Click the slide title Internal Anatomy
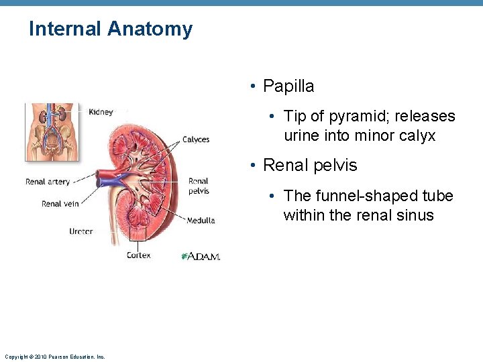pyautogui.click(x=111, y=29)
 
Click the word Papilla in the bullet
pyautogui.click(x=288, y=86)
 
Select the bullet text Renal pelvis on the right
pyautogui.click(x=310, y=165)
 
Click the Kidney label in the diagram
pyautogui.click(x=101, y=112)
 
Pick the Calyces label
pyautogui.click(x=196, y=140)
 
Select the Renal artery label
pyautogui.click(x=48, y=182)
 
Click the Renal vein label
pyautogui.click(x=60, y=204)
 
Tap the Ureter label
pyautogui.click(x=80, y=231)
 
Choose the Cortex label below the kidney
pyautogui.click(x=139, y=255)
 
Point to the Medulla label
pyautogui.click(x=201, y=221)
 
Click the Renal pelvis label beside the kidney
pyautogui.click(x=199, y=186)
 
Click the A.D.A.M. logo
pyautogui.click(x=201, y=256)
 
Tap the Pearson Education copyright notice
pyautogui.click(x=54, y=357)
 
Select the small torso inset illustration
pyautogui.click(x=52, y=131)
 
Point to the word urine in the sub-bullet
pyautogui.click(x=304, y=136)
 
